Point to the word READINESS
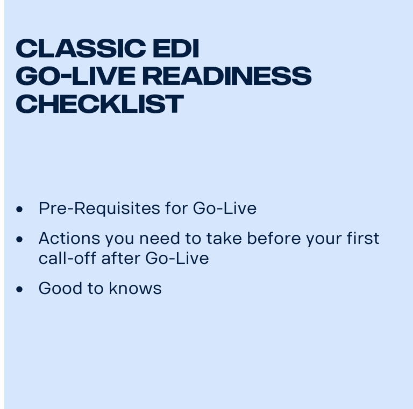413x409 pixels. pyautogui.click(x=226, y=76)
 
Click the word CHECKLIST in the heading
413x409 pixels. pyautogui.click(x=99, y=103)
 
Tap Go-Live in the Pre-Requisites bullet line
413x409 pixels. pyautogui.click(x=224, y=209)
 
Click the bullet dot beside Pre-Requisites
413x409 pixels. pyautogui.click(x=20, y=210)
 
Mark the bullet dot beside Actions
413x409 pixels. pyautogui.click(x=20, y=239)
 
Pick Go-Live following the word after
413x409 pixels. pyautogui.click(x=177, y=258)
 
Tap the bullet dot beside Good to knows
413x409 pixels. pyautogui.click(x=20, y=289)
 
